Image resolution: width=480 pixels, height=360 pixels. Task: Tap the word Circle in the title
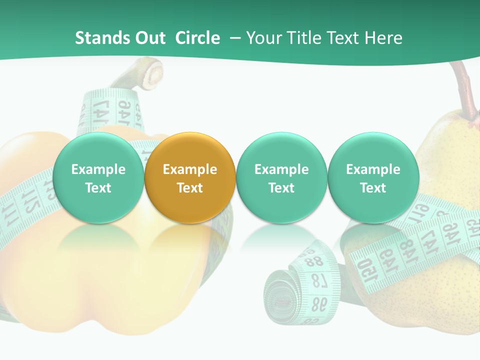click(197, 38)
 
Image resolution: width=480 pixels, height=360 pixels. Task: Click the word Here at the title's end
click(384, 38)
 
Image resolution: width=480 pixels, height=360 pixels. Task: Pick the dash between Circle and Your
click(233, 38)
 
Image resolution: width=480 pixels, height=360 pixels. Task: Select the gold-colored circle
click(190, 178)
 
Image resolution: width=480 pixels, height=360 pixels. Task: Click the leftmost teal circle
click(98, 178)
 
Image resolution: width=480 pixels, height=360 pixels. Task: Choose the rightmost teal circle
click(373, 178)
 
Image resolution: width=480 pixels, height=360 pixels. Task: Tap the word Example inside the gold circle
click(190, 169)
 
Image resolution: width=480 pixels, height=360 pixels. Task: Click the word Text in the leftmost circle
click(98, 188)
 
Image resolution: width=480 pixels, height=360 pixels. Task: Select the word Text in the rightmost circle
click(373, 188)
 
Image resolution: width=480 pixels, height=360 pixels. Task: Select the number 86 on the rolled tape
click(318, 303)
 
